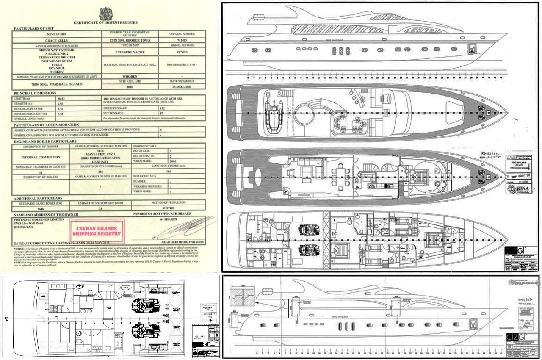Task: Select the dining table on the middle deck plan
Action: pyautogui.click(x=341, y=175)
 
